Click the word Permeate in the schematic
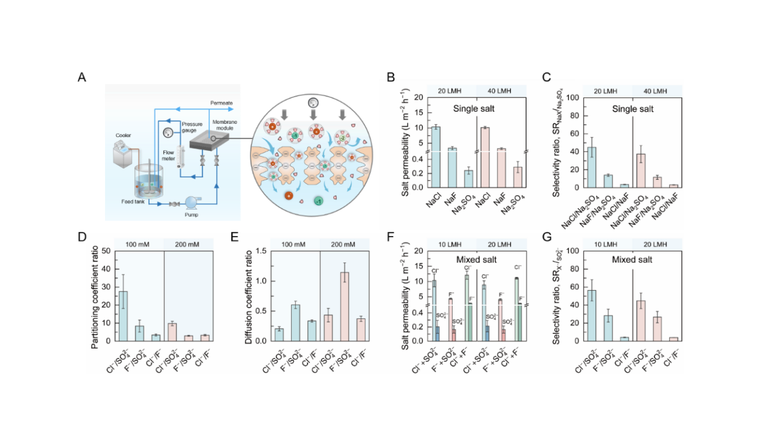tap(221, 103)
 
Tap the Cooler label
tap(123, 135)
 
